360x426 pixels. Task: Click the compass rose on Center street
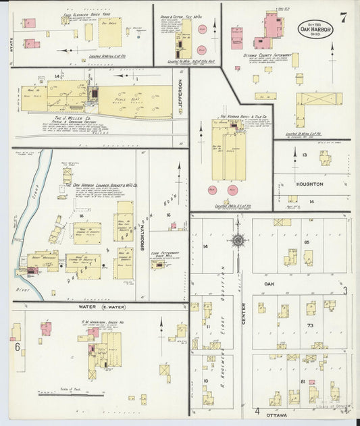[238, 240]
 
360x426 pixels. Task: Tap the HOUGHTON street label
[309, 184]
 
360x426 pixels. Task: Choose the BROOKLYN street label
[143, 236]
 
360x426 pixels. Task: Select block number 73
[309, 325]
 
